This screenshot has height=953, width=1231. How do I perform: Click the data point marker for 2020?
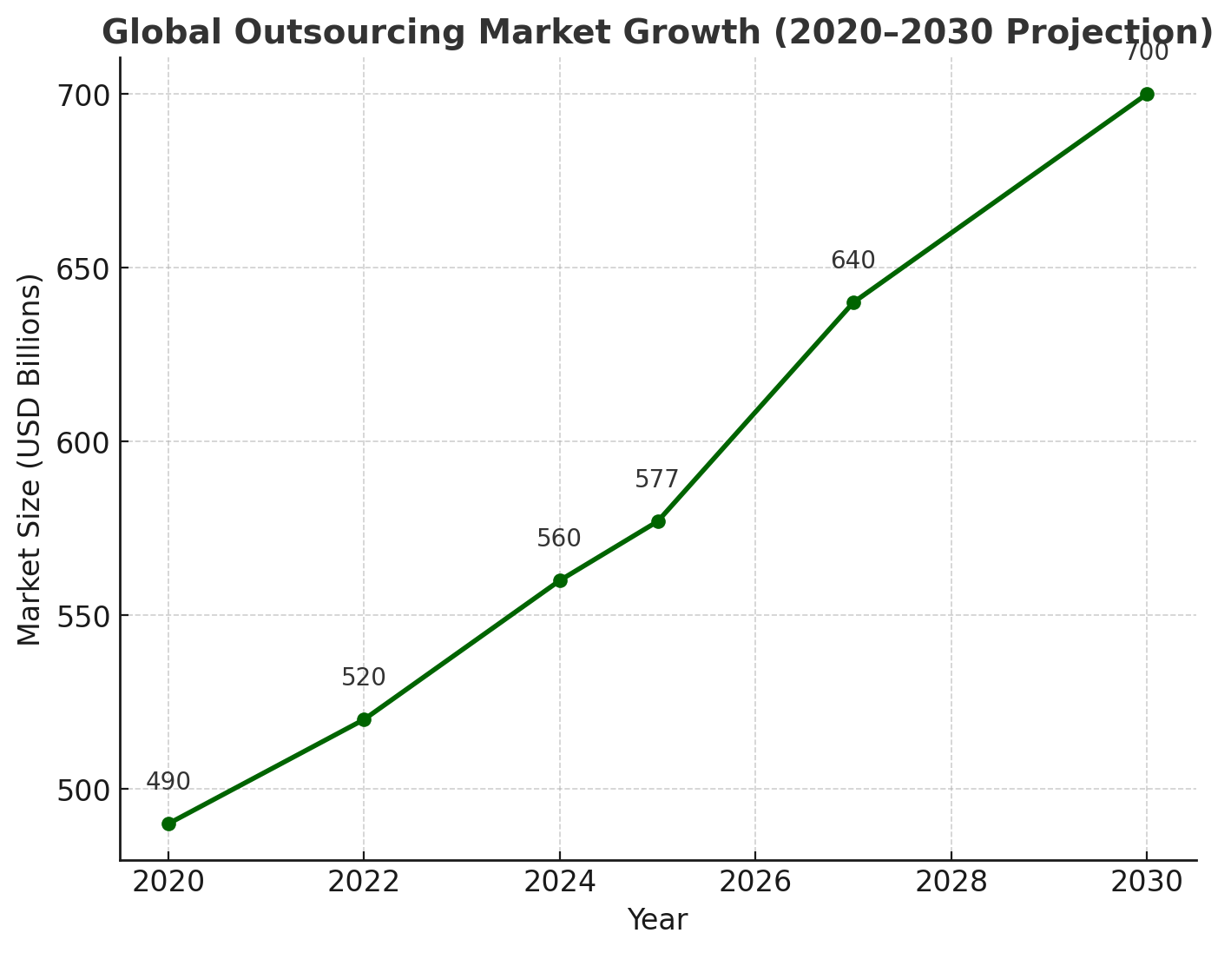[x=168, y=824]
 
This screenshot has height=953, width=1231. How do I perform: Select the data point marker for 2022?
[x=364, y=719]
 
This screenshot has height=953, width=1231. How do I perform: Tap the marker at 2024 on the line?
[x=560, y=580]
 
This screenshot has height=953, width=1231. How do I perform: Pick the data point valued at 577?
[x=658, y=521]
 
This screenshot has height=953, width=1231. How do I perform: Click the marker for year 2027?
[x=853, y=302]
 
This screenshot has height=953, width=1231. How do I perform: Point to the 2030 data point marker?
[x=1147, y=94]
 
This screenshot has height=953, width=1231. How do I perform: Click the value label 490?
[x=168, y=782]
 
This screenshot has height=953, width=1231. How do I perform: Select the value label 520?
[x=364, y=678]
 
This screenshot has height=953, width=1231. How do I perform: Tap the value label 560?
[x=559, y=539]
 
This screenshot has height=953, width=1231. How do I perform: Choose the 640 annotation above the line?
[x=853, y=261]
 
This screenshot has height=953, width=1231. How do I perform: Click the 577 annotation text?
[x=657, y=480]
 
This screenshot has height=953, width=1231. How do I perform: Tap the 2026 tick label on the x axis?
[x=755, y=883]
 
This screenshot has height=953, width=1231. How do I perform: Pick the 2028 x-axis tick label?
[x=951, y=883]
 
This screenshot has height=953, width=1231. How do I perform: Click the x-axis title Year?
[x=657, y=921]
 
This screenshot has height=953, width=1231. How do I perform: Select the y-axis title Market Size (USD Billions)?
[x=30, y=460]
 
